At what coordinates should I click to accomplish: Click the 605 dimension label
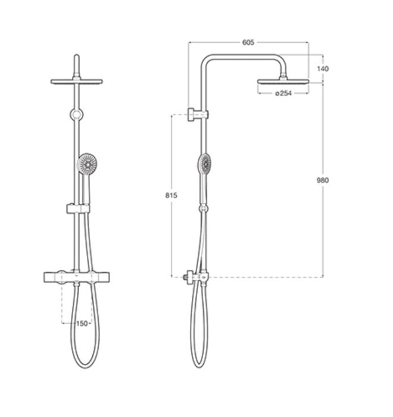[248, 42]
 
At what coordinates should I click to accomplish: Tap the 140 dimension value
[323, 69]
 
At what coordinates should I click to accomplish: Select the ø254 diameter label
[283, 93]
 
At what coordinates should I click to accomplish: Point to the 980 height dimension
[323, 181]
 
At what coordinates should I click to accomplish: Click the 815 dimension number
[171, 195]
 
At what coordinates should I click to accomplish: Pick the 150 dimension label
[82, 323]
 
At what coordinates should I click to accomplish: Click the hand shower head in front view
[87, 163]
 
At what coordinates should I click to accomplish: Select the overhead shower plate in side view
[283, 82]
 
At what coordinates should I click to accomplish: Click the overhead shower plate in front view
[77, 82]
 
